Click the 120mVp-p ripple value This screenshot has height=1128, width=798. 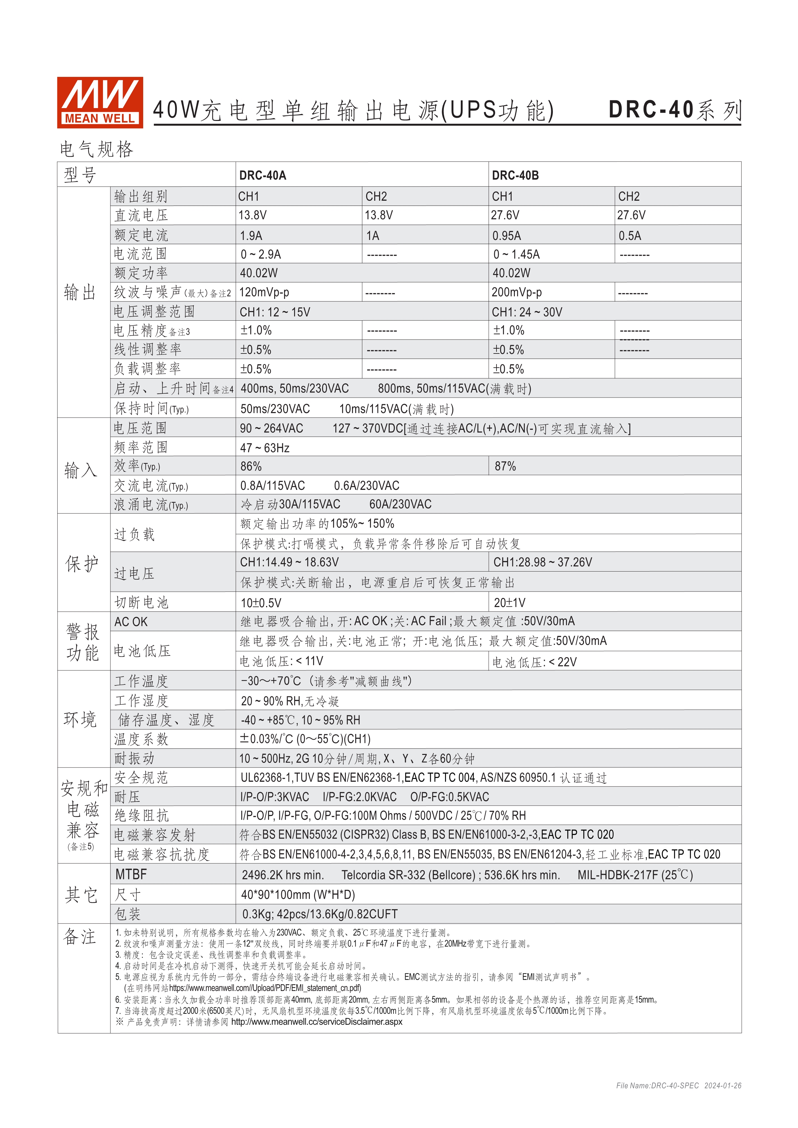pos(264,292)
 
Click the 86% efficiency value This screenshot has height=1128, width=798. pos(251,466)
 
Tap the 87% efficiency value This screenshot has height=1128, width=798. pos(505,466)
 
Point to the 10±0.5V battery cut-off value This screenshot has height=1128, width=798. pos(261,603)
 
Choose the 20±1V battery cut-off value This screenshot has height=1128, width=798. pos(510,603)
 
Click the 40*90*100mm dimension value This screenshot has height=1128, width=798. pos(298,894)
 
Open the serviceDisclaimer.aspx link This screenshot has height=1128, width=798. pos(316,1022)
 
